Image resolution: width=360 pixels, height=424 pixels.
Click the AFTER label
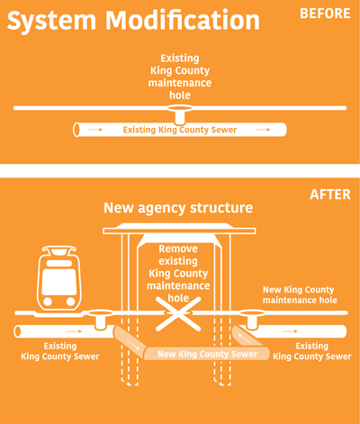point(330,194)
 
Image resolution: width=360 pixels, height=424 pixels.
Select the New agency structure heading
point(178,208)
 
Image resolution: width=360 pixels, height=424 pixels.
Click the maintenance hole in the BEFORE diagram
point(181,113)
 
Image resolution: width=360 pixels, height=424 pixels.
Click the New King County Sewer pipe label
point(208,354)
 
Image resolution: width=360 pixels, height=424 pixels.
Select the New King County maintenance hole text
point(299,295)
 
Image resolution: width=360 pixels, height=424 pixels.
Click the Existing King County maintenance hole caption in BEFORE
point(181,77)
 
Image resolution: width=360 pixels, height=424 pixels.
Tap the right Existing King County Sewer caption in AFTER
point(311,351)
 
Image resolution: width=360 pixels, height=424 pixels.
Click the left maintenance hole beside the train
point(99,318)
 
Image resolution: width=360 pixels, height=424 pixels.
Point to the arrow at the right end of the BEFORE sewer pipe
point(262,131)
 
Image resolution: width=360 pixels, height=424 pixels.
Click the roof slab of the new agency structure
point(179,230)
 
